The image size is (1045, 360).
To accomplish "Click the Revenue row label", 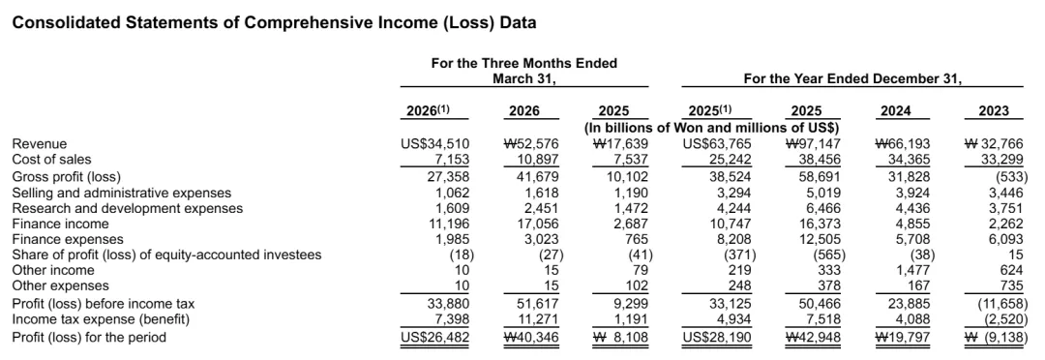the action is click(x=40, y=144).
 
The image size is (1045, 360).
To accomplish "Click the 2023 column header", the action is click(x=994, y=111).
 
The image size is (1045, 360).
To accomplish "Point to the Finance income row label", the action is click(x=52, y=224).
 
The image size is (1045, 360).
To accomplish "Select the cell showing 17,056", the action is click(x=538, y=224).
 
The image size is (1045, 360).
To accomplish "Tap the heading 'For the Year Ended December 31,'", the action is click(x=852, y=79).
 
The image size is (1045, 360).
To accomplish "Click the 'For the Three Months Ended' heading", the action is click(x=523, y=63).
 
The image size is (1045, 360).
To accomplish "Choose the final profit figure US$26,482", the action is click(x=435, y=338).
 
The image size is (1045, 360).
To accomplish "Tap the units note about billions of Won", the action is click(x=711, y=127).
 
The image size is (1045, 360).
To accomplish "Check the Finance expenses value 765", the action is click(x=638, y=239).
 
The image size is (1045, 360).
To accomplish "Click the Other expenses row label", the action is click(x=61, y=286).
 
